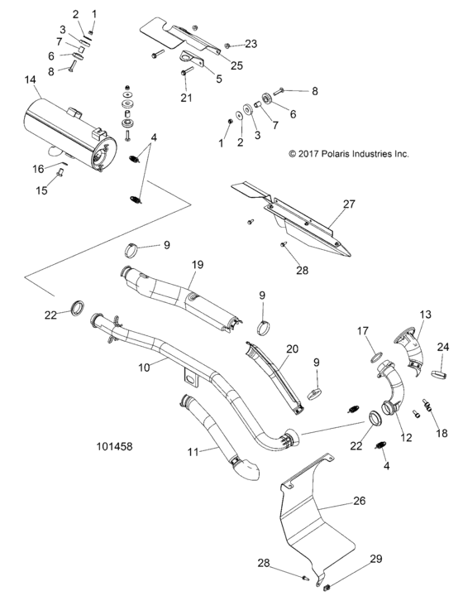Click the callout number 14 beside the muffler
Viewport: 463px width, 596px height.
coord(31,79)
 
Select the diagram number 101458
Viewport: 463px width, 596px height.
coord(115,446)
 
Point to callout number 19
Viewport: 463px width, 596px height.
coord(198,264)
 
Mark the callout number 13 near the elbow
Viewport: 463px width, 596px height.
coord(425,315)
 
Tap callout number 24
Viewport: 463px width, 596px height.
coord(443,346)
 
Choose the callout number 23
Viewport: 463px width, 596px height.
coord(251,43)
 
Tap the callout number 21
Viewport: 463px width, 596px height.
coord(186,98)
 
